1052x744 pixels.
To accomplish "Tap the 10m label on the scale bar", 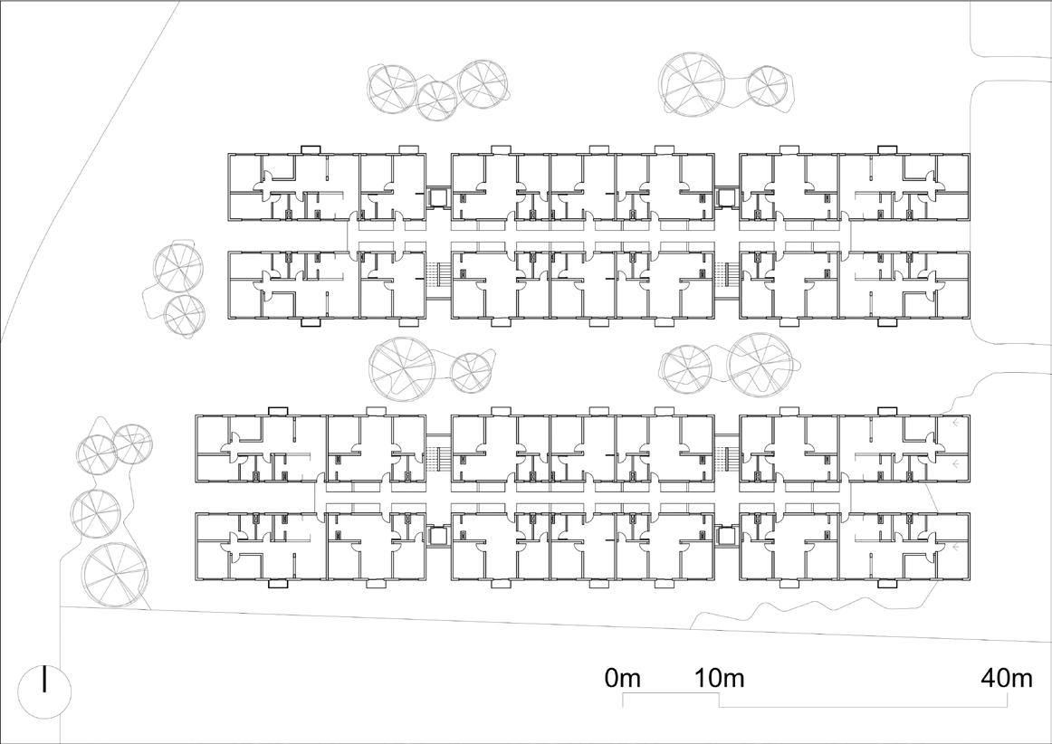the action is (x=720, y=678).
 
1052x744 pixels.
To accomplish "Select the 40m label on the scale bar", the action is (x=1007, y=678).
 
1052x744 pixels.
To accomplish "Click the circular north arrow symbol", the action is (x=44, y=687).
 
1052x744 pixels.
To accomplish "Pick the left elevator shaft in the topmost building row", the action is (x=439, y=196).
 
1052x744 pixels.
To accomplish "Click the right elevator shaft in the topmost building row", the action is (x=725, y=196).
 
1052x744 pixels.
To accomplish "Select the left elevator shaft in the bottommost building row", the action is (x=439, y=535).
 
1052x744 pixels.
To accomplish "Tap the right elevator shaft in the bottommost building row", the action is (x=725, y=535).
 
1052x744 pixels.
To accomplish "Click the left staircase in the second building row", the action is (x=438, y=275).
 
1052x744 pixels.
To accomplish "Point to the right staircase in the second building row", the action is (x=726, y=275).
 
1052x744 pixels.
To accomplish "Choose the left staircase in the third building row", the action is (x=438, y=458).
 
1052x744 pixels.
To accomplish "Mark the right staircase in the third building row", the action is (x=726, y=458).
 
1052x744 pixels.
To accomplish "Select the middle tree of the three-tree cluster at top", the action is (x=436, y=100).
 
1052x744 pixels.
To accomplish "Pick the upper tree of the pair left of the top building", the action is (x=177, y=266).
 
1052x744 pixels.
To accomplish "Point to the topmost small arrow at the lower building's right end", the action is (x=956, y=423).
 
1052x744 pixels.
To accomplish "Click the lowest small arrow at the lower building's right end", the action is (x=956, y=548).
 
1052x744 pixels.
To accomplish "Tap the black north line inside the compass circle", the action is (x=44, y=681).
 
